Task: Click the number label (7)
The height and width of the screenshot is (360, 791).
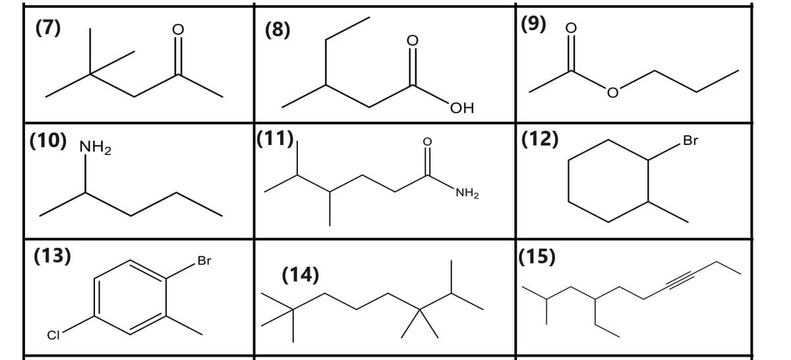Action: (x=48, y=28)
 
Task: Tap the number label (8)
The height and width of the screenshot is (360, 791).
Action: (x=278, y=30)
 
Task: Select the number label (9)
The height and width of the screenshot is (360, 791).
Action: (x=533, y=24)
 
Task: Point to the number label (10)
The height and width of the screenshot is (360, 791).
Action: (x=48, y=140)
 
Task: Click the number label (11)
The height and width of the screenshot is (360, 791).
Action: (x=275, y=138)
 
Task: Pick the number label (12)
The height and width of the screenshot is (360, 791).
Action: (x=540, y=139)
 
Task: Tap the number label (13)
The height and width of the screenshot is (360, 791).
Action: (x=52, y=256)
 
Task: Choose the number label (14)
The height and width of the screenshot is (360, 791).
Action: (x=301, y=275)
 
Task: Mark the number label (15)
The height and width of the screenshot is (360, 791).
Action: (x=537, y=257)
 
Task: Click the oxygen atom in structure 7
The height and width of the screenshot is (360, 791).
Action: (x=178, y=30)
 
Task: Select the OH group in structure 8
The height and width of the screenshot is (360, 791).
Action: (x=462, y=108)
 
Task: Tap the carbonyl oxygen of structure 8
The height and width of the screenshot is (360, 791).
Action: (x=413, y=41)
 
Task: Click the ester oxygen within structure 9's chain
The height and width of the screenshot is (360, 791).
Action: (x=612, y=92)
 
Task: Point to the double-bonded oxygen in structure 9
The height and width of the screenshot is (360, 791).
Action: (x=571, y=28)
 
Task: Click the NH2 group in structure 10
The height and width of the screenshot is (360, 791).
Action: (x=96, y=147)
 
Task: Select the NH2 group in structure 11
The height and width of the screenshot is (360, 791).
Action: (x=467, y=193)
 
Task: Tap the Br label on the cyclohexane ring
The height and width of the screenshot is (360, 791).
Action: (x=690, y=140)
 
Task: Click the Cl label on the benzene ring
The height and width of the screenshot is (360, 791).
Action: (x=53, y=335)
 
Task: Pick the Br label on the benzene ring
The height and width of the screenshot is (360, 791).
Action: (x=204, y=260)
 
